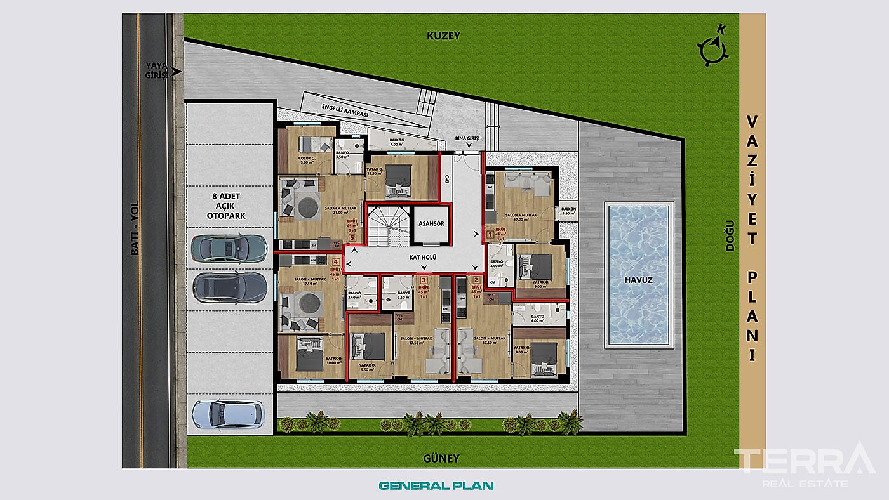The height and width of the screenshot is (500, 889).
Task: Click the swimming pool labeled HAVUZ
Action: (639, 274)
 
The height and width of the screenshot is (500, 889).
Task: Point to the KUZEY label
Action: (443, 36)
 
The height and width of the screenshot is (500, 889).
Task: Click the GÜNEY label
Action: (441, 457)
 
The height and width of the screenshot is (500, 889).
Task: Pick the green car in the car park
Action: (229, 248)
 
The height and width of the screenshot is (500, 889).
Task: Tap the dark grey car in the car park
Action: (229, 287)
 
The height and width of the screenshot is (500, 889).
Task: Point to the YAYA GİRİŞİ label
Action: (156, 70)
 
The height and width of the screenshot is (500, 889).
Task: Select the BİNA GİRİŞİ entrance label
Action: (468, 138)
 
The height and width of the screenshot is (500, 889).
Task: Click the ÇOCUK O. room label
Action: (307, 159)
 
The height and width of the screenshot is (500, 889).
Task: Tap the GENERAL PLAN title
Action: (436, 486)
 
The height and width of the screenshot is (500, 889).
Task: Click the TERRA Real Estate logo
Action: (804, 465)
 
